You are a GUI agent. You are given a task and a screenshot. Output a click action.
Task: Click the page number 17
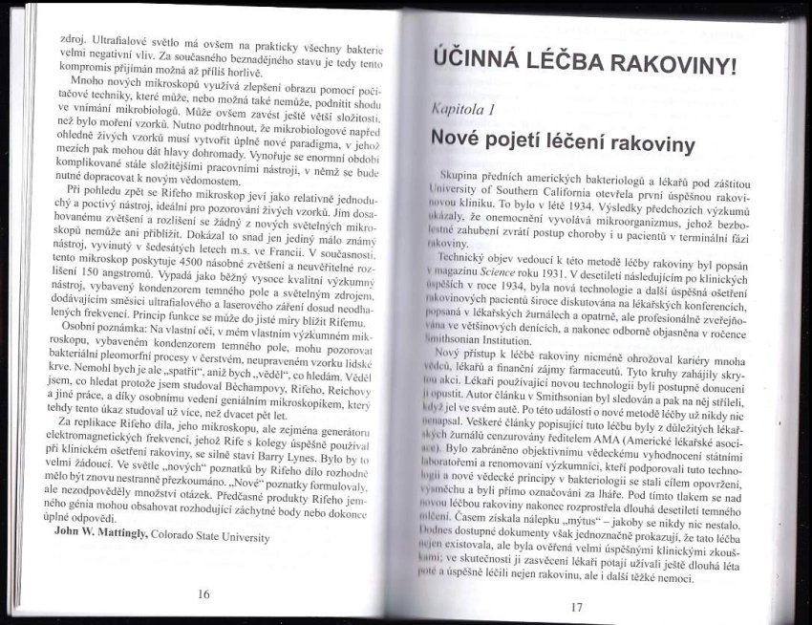(576, 606)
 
